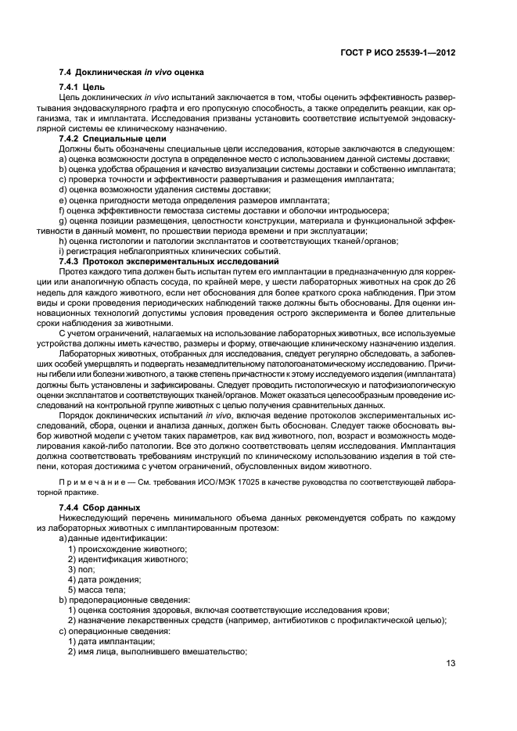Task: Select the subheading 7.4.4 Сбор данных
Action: click(95, 507)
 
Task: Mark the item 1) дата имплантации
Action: click(110, 640)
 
